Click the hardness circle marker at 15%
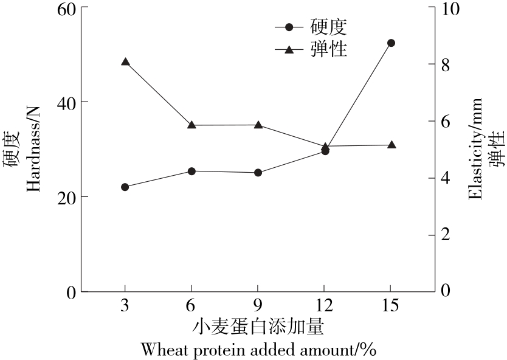391,43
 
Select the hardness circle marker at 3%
125,187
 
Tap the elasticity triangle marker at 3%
125,62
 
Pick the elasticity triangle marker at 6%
191,125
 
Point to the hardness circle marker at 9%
258,173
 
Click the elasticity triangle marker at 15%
391,145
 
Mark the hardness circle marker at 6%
191,171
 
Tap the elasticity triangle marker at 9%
258,125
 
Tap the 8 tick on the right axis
445,64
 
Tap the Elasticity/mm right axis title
475,149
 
